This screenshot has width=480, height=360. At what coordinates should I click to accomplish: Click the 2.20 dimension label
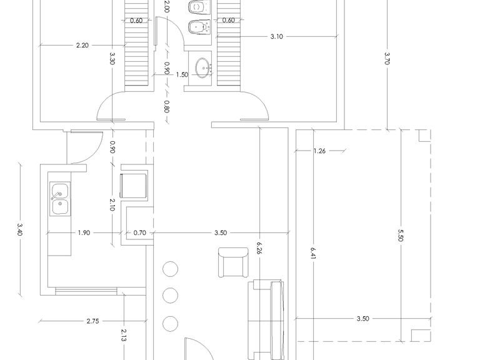click(82, 45)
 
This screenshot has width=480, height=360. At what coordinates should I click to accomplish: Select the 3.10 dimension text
click(276, 37)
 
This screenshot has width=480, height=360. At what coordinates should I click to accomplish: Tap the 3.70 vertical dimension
click(387, 58)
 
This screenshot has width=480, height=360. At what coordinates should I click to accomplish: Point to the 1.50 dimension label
click(182, 75)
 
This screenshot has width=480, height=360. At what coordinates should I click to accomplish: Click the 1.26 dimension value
click(319, 151)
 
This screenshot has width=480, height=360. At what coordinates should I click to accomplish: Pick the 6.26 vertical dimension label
click(259, 249)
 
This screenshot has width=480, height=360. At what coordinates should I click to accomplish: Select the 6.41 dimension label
click(313, 253)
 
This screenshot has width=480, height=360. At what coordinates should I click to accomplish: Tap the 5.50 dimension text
click(401, 235)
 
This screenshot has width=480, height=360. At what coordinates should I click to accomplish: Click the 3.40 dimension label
click(20, 228)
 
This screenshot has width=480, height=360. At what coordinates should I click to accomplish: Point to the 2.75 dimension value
click(92, 321)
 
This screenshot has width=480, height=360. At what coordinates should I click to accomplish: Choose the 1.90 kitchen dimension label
click(84, 232)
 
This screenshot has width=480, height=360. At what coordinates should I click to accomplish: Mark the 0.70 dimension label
click(139, 232)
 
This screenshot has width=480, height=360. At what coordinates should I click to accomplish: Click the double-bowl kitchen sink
click(60, 199)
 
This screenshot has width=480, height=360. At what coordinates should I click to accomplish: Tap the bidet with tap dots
click(199, 27)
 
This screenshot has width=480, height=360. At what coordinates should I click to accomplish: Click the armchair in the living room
click(233, 262)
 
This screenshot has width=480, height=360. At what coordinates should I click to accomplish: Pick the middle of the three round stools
click(171, 296)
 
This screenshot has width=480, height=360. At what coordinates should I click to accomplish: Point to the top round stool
click(171, 269)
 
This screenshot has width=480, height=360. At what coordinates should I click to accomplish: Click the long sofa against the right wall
click(266, 319)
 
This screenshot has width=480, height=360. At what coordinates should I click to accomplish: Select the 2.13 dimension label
click(124, 335)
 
